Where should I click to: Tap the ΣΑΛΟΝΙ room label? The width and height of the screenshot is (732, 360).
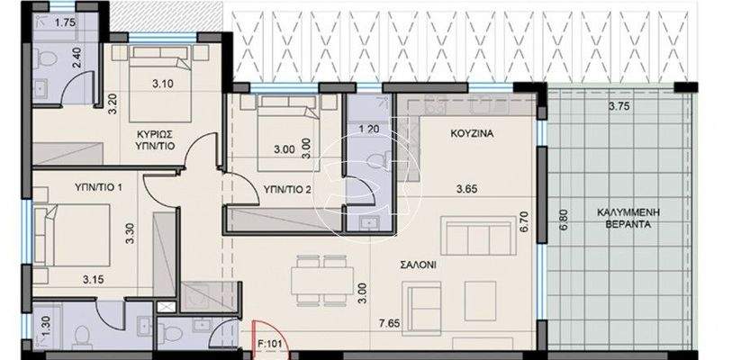pos(420,266)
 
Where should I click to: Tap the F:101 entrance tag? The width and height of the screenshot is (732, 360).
pos(267,342)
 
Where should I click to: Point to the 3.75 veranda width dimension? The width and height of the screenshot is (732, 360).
pos(618,106)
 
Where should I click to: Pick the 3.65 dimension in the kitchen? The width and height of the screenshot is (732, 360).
pos(466,189)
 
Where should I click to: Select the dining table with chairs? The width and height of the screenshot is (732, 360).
pos(321,277)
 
